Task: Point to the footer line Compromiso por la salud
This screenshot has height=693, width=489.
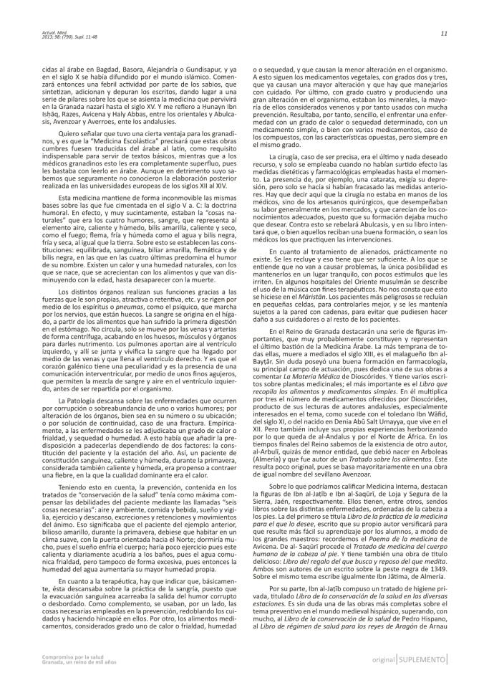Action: (68, 674)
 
